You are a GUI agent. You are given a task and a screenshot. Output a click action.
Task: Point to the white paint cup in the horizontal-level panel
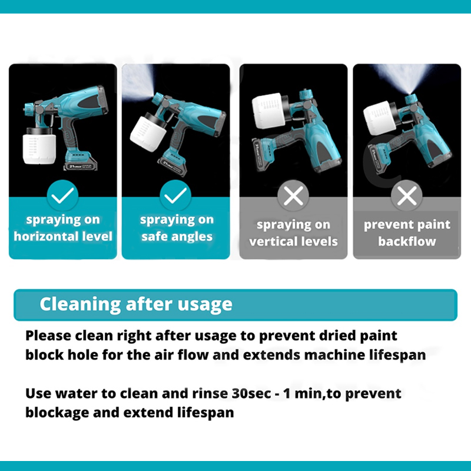[39, 150]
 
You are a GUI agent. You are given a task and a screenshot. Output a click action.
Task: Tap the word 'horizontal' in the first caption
[50, 237]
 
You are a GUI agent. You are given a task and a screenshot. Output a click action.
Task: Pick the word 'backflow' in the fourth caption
[407, 241]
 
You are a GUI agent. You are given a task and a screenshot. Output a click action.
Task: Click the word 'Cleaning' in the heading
[79, 304]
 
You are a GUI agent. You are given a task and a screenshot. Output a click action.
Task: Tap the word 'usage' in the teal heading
[204, 304]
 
